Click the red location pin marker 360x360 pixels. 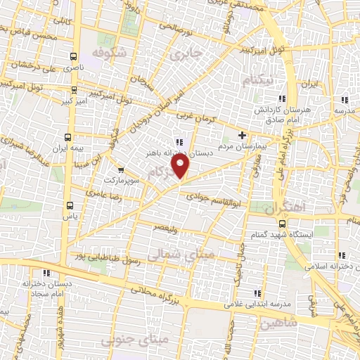pyautogui.click(x=181, y=166)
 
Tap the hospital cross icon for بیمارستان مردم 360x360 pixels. pyautogui.click(x=243, y=135)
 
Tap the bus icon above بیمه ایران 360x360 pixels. pyautogui.click(x=67, y=137)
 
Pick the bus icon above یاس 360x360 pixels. pyautogui.click(x=69, y=205)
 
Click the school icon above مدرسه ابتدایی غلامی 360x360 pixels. pyautogui.click(x=257, y=292)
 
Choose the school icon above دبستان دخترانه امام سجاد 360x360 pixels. pyautogui.click(x=46, y=274)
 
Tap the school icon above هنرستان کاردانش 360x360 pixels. pyautogui.click(x=283, y=98)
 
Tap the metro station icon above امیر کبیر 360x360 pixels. pyautogui.click(x=70, y=91)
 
